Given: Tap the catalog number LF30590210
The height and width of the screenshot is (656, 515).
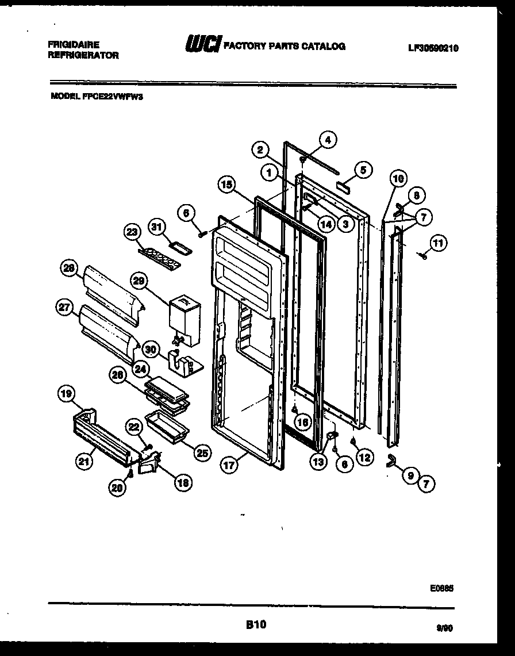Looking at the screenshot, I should [433, 49].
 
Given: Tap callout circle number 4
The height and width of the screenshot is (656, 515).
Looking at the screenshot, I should [328, 140].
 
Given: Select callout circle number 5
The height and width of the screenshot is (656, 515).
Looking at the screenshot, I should [363, 170].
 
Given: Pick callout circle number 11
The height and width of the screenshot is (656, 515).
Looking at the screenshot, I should [438, 244].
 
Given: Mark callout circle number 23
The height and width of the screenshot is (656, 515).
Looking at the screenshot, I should [133, 232].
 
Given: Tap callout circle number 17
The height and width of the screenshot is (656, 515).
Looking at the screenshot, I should [229, 466].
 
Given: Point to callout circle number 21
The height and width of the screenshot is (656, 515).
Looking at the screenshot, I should [85, 461].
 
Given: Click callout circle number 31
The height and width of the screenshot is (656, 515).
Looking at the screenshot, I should [157, 227].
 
